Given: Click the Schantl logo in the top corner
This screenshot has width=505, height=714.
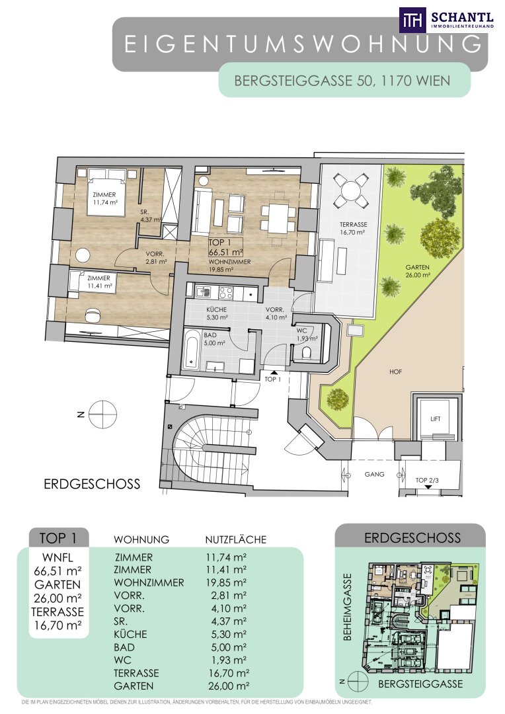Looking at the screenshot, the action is point(447,20).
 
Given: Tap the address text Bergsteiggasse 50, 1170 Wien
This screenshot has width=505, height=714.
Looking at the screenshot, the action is point(342,81).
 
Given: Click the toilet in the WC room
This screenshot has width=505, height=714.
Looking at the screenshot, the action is point(307,352).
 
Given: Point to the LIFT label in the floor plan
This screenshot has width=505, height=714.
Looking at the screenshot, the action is point(436,419).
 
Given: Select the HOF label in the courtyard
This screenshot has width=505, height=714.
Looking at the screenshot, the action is point(396,372).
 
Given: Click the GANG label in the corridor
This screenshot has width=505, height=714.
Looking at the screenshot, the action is point(374,474).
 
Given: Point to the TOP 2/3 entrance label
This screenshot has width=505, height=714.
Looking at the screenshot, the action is point(427,480).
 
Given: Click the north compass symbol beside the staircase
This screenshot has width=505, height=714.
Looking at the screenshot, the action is point(102,415).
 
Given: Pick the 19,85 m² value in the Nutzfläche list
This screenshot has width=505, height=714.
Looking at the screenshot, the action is point(226,582).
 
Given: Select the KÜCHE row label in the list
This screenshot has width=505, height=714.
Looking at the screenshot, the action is point(131,634).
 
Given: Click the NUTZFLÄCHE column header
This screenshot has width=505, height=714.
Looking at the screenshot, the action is point(235,539).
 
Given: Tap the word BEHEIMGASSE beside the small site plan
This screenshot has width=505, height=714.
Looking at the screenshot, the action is point(348,606).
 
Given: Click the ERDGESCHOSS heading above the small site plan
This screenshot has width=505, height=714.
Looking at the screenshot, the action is point(412,537).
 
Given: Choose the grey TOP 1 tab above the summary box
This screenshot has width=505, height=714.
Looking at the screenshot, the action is point(58,537).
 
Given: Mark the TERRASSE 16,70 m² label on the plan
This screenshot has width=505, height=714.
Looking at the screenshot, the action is point(354,228).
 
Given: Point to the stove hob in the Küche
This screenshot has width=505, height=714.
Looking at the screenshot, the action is point(226,292).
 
